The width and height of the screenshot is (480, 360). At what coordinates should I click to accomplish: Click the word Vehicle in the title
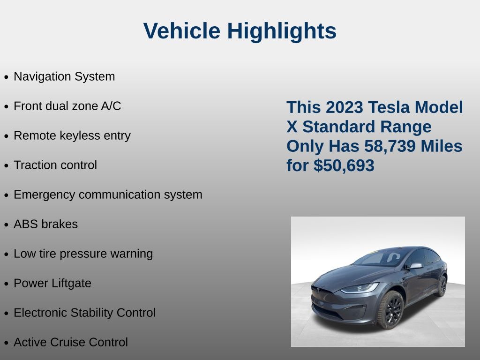pyautogui.click(x=182, y=30)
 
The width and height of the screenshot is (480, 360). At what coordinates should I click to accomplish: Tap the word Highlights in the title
pyautogui.click(x=282, y=31)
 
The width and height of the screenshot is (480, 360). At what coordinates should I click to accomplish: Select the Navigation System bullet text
pyautogui.click(x=64, y=76)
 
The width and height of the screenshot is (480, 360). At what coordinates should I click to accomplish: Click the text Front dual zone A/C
pyautogui.click(x=67, y=106)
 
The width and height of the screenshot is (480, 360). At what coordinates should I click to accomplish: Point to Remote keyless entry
pyautogui.click(x=72, y=135)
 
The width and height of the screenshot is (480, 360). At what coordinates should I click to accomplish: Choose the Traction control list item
pyautogui.click(x=55, y=165)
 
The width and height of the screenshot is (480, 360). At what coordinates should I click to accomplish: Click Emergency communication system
pyautogui.click(x=108, y=195)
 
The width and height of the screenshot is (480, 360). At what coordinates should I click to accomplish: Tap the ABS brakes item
pyautogui.click(x=46, y=224)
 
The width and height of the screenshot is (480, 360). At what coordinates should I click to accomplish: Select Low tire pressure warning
pyautogui.click(x=83, y=254)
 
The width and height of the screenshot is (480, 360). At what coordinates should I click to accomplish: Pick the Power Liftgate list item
pyautogui.click(x=52, y=283)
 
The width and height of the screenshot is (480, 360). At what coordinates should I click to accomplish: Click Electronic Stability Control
pyautogui.click(x=85, y=313)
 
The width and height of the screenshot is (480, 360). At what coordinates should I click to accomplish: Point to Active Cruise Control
pyautogui.click(x=71, y=342)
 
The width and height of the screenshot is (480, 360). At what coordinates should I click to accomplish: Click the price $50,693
pyautogui.click(x=344, y=165)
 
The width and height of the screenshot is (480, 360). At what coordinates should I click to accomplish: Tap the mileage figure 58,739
pyautogui.click(x=390, y=146)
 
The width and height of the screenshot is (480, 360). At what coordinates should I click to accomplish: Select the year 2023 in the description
pyautogui.click(x=345, y=107)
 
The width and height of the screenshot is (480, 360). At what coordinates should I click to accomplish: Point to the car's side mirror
pyautogui.click(x=416, y=266)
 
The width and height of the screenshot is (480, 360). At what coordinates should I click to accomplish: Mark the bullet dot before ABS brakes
pyautogui.click(x=6, y=225)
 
